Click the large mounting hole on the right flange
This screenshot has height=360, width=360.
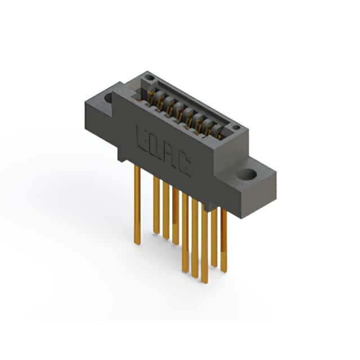click(x=246, y=174)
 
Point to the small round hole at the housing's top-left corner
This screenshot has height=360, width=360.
click(x=150, y=78)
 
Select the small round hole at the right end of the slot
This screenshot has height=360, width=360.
click(x=236, y=127)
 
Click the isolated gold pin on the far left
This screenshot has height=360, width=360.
click(x=137, y=205)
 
